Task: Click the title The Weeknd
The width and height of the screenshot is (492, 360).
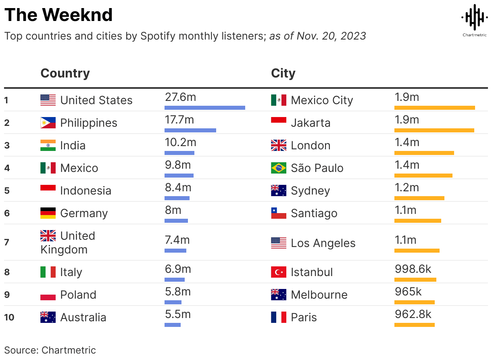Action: tap(58, 15)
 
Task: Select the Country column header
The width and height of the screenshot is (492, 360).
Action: tap(65, 73)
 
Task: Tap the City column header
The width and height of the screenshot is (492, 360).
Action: tap(283, 73)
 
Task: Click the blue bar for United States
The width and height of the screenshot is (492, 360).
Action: tap(204, 108)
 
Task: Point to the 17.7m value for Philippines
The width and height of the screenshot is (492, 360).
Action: tap(179, 120)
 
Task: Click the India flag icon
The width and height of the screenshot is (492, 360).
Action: tap(48, 145)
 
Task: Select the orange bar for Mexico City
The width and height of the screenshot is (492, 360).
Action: tap(434, 108)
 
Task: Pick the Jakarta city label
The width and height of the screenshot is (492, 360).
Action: tap(310, 123)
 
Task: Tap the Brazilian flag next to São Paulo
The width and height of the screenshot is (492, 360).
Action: tap(279, 168)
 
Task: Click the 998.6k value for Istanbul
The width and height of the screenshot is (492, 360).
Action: tap(413, 269)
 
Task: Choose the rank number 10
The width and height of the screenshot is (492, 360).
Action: tap(9, 317)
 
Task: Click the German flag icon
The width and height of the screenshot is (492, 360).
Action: tap(48, 213)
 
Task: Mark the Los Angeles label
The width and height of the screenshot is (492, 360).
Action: tap(323, 243)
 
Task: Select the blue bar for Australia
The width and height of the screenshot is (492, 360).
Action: tap(173, 325)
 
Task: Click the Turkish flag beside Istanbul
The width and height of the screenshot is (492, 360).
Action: tap(279, 272)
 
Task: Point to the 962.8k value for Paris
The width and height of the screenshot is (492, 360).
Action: tap(413, 314)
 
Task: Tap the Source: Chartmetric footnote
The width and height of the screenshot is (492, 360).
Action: tap(50, 350)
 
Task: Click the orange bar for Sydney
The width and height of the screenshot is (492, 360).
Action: tap(419, 198)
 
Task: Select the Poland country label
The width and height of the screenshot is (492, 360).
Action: tap(78, 295)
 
